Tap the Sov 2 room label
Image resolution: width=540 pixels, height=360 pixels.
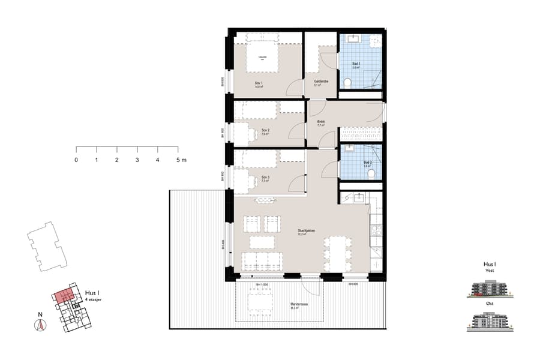coord(264,130)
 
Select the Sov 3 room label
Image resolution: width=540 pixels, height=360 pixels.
coord(265,178)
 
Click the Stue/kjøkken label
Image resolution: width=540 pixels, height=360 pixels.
coord(306,230)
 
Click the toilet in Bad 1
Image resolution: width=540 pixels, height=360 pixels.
coord(347,82)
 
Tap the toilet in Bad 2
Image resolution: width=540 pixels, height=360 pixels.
coord(371,173)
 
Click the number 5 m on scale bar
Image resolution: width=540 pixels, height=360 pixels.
coord(181,160)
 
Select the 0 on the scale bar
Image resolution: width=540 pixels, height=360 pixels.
coord(76,160)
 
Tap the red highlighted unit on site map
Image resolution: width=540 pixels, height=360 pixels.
coord(64,295)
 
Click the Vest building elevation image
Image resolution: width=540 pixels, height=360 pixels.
coord(490,290)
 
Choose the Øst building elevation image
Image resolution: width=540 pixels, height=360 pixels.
coord(490,323)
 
